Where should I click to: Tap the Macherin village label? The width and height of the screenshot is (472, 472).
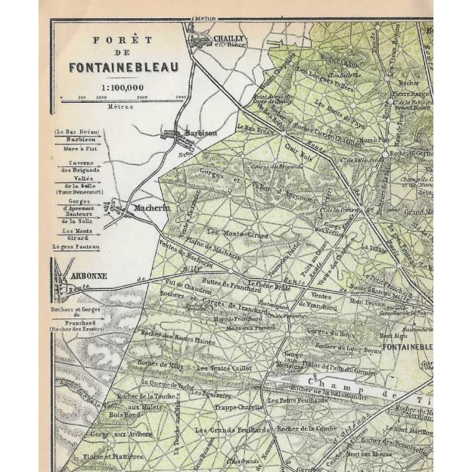[x=151, y=207]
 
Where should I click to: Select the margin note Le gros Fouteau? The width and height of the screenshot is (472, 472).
[x=76, y=247]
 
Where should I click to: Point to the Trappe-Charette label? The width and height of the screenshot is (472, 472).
[x=240, y=406]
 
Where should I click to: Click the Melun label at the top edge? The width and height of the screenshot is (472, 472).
[x=203, y=15]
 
